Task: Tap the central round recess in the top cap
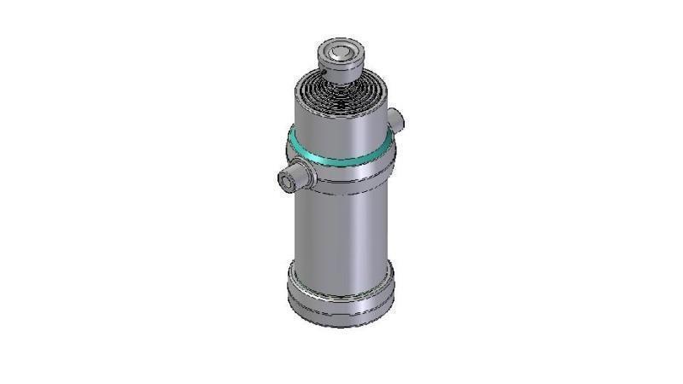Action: point(341,50)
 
